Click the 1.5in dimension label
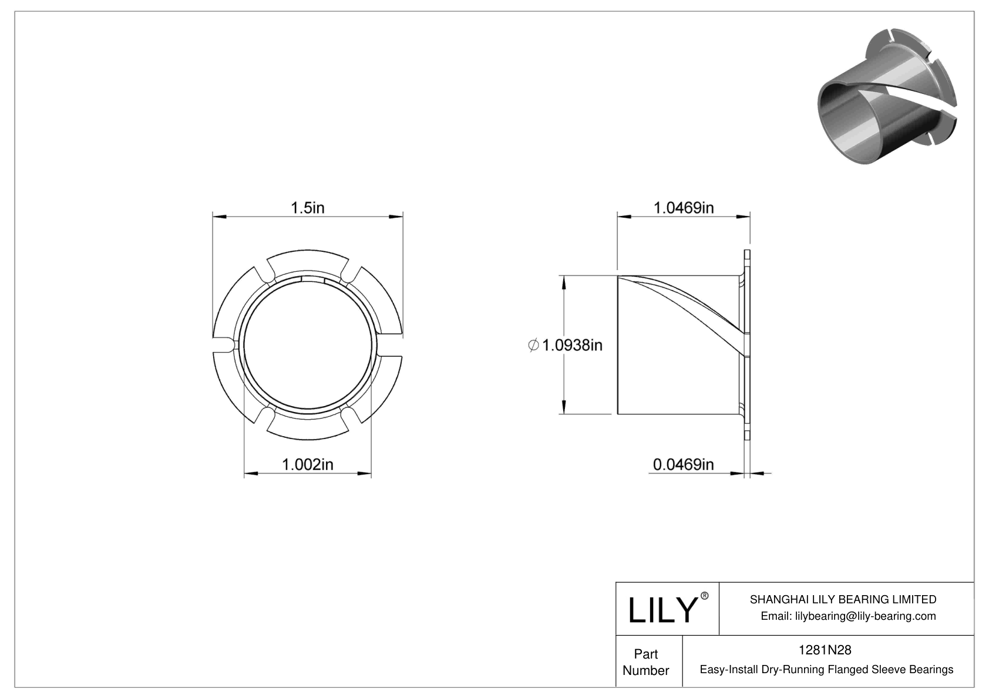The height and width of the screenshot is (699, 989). tap(308, 208)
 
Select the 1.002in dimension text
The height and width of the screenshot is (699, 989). tap(308, 465)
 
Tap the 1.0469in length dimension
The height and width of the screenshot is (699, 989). tap(684, 208)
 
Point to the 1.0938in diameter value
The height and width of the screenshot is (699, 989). tap(572, 345)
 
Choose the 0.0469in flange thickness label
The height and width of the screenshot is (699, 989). tap(684, 465)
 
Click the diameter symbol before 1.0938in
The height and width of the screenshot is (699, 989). tap(533, 345)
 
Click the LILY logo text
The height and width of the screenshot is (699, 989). tap(662, 610)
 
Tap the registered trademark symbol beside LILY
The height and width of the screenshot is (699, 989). tap(705, 596)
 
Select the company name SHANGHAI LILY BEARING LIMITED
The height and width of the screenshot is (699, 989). tap(843, 599)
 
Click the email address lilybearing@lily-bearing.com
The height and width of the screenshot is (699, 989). tap(848, 616)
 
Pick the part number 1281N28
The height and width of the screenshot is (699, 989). tap(825, 650)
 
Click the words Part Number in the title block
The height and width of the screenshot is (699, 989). tap(645, 662)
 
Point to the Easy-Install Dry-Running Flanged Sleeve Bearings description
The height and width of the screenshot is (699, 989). tap(826, 670)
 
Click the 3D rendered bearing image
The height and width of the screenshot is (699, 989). tap(887, 97)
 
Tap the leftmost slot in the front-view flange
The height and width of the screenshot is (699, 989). tap(223, 345)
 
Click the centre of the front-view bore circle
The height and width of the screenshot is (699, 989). tap(308, 345)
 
